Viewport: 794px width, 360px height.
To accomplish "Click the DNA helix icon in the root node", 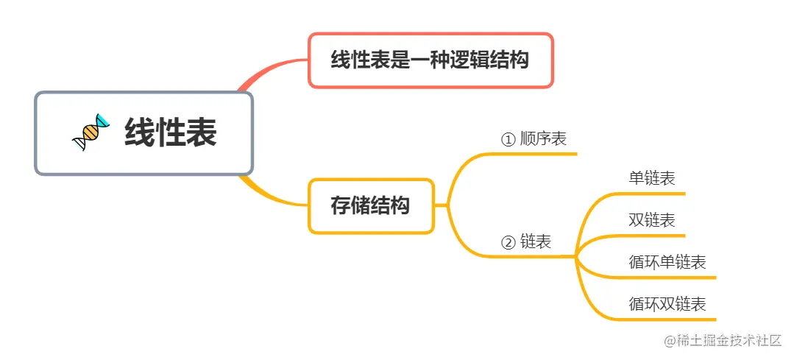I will pyautogui.click(x=90, y=133).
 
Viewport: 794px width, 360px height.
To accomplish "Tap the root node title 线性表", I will pyautogui.click(x=170, y=133).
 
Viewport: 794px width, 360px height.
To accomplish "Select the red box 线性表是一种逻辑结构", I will pyautogui.click(x=430, y=60).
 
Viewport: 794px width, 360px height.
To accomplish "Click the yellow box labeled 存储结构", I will pyautogui.click(x=370, y=206).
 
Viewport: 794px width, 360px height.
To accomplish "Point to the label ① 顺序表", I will pyautogui.click(x=534, y=138).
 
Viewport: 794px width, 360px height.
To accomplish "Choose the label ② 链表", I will pyautogui.click(x=525, y=241).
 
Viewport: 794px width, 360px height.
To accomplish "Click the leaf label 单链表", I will pyautogui.click(x=652, y=178).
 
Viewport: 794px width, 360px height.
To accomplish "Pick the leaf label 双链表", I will pyautogui.click(x=652, y=220).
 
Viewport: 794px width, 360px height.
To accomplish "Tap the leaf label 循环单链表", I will pyautogui.click(x=667, y=262).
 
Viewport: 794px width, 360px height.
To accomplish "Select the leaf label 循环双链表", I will pyautogui.click(x=667, y=303).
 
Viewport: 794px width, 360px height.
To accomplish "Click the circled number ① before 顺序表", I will pyautogui.click(x=508, y=139).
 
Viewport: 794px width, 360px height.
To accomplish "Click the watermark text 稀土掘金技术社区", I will pyautogui.click(x=728, y=341).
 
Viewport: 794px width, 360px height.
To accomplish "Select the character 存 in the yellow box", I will pyautogui.click(x=340, y=206).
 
